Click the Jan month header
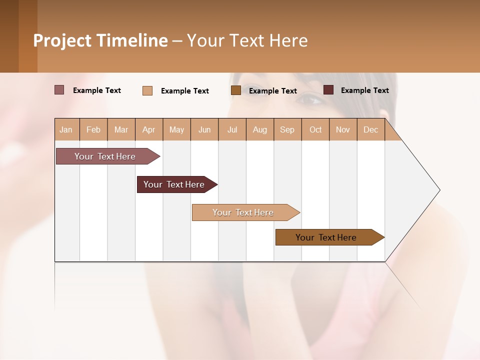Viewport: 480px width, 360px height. [x=66, y=129]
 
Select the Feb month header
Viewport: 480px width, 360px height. [x=93, y=129]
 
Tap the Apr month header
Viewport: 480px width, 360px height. [x=149, y=129]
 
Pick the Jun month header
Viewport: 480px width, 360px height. [x=204, y=129]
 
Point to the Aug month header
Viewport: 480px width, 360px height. [x=260, y=129]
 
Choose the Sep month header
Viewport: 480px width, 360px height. [x=287, y=129]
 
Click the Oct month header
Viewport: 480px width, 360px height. [x=315, y=129]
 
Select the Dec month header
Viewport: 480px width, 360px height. [x=371, y=129]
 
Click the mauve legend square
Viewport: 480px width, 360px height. [x=59, y=90]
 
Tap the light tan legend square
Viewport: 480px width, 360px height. [x=147, y=90]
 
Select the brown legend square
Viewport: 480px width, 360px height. [x=236, y=90]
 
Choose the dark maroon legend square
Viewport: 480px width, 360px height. [x=328, y=90]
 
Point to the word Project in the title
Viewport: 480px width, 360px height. [x=62, y=40]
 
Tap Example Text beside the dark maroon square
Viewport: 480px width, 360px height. [x=364, y=90]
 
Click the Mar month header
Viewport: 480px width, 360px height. [x=121, y=129]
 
